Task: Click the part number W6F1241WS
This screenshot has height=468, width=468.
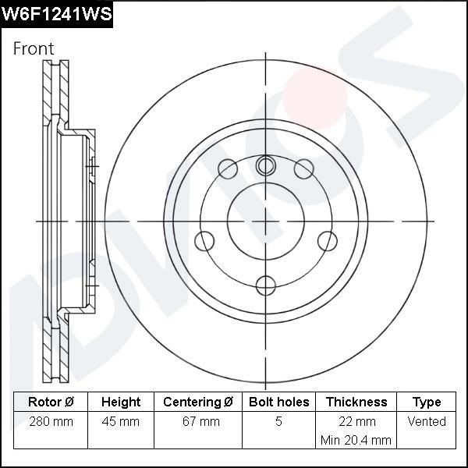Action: pos(56,14)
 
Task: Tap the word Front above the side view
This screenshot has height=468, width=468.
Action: pos(34,48)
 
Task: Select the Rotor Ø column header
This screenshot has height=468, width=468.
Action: pos(51,402)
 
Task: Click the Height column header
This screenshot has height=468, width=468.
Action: pos(121,402)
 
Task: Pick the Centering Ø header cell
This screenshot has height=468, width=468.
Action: pos(198,402)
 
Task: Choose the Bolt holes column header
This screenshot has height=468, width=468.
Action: pos(278,402)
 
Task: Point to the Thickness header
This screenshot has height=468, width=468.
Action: pos(356,402)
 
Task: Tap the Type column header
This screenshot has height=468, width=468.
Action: pos(427,402)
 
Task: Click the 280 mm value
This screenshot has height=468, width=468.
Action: pos(51,422)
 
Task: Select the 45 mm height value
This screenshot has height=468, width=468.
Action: pos(121,422)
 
